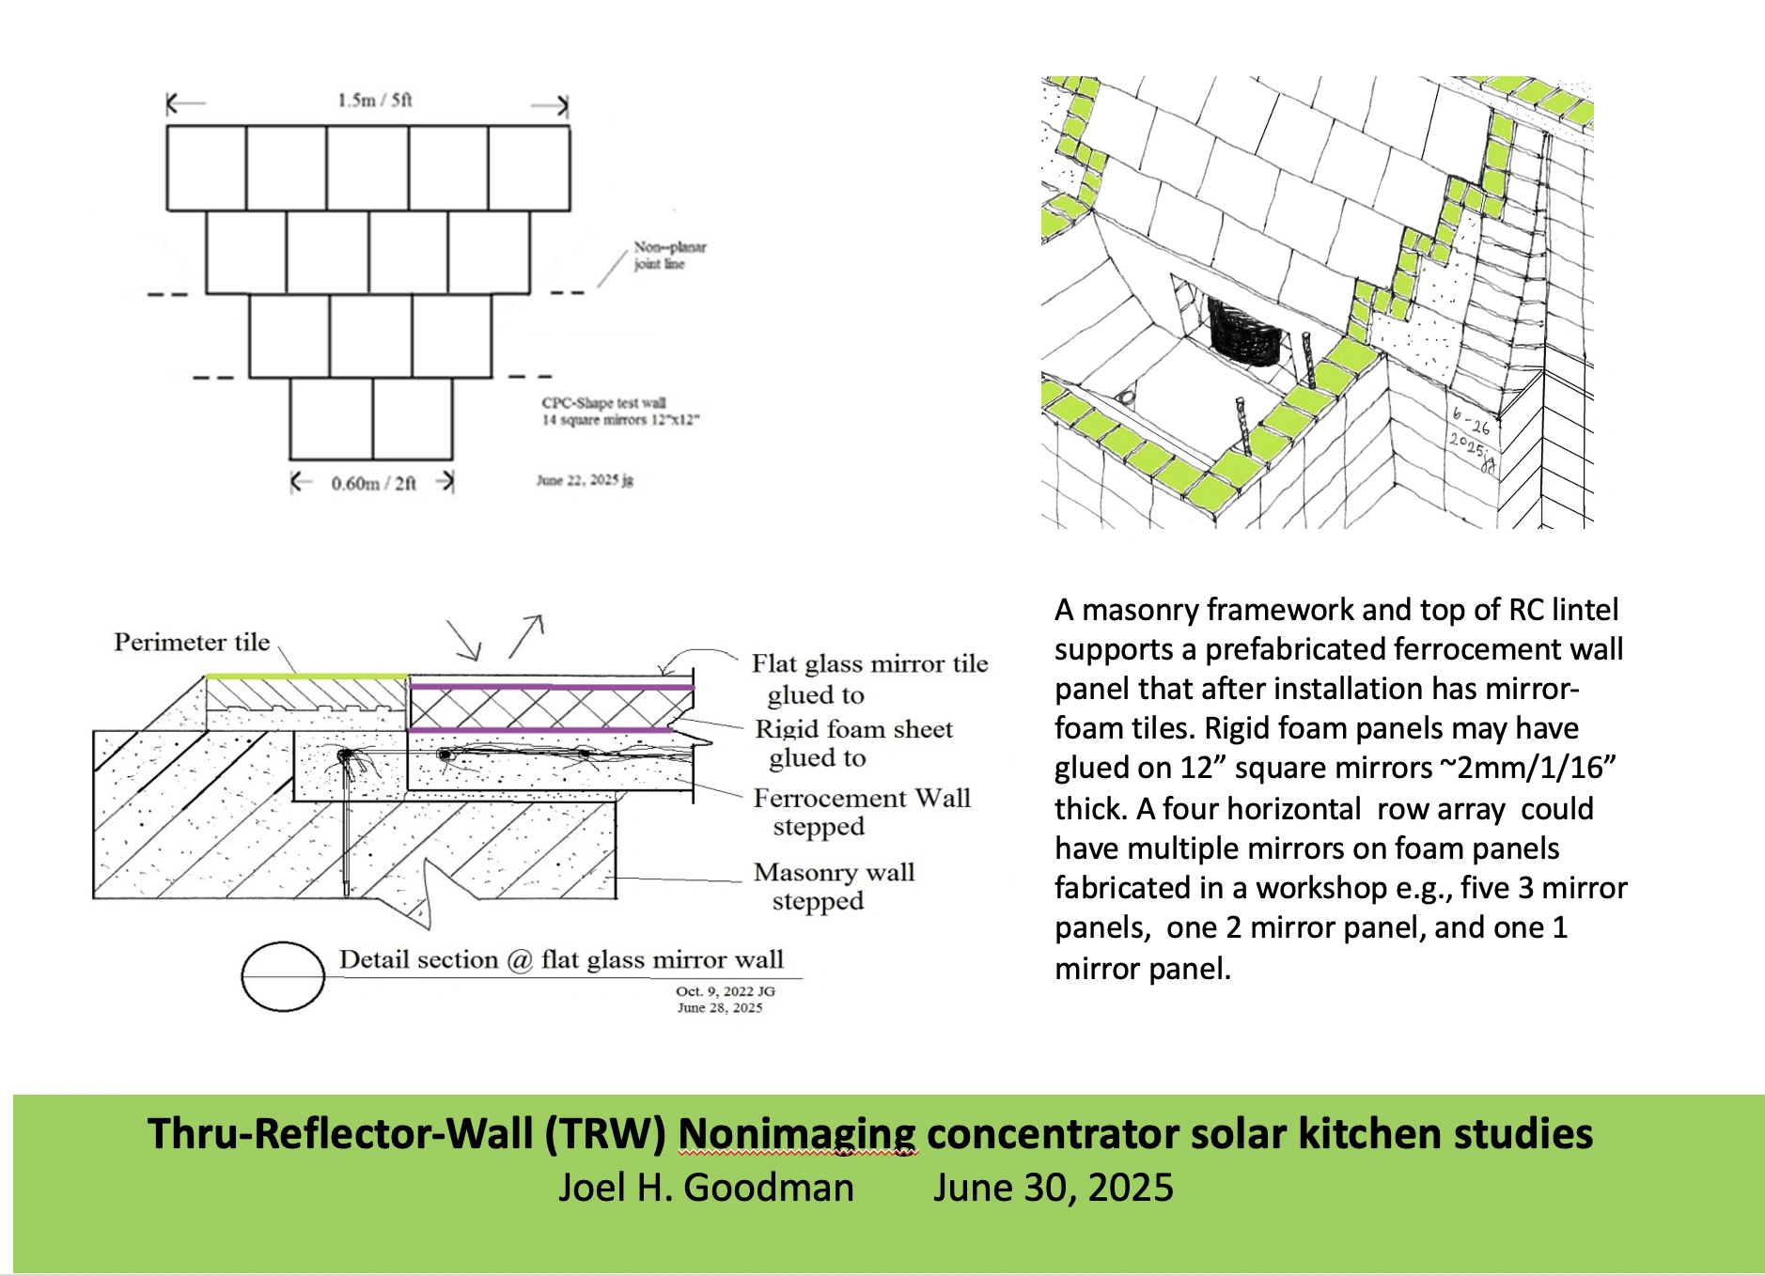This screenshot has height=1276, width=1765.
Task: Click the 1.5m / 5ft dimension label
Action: coord(375,101)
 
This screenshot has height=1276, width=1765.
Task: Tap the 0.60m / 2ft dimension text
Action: coord(373,484)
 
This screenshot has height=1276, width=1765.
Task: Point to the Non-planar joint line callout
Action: coord(668,256)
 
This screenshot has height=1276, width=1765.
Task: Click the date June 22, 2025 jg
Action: coord(585,480)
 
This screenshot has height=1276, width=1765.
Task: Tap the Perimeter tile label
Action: coord(192,643)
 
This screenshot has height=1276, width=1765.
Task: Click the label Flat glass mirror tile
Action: coord(869,664)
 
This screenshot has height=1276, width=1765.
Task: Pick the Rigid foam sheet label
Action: coord(853,730)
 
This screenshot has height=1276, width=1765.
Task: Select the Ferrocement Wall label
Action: coord(861,799)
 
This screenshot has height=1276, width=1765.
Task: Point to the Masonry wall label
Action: coord(834,873)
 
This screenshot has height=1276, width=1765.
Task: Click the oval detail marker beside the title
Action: coord(283,976)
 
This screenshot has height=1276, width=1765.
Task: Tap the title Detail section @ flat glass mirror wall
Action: coord(561,960)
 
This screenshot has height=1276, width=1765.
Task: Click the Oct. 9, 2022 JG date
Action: coord(725,991)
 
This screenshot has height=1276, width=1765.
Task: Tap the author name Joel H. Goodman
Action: coord(706,1188)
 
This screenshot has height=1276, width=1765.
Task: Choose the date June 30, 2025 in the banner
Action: coord(1053,1188)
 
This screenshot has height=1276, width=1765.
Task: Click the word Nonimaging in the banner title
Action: coord(797,1134)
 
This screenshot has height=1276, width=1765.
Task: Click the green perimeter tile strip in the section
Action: coord(306,676)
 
